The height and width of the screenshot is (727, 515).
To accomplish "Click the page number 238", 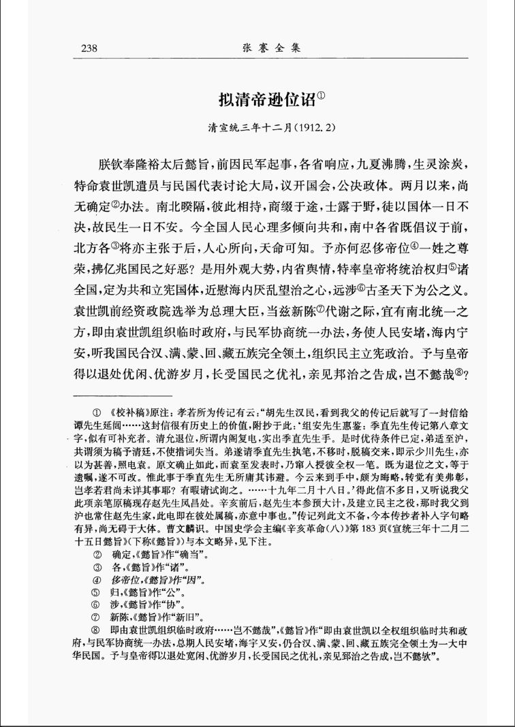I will pyautogui.click(x=90, y=48).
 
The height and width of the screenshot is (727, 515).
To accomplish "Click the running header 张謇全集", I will pyautogui.click(x=270, y=48).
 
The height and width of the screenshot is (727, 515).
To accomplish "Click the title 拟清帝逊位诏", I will pyautogui.click(x=266, y=99).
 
